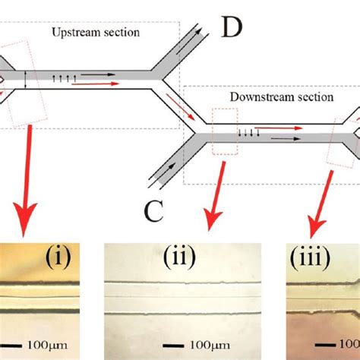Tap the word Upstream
[75, 33]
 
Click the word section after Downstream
[312, 97]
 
